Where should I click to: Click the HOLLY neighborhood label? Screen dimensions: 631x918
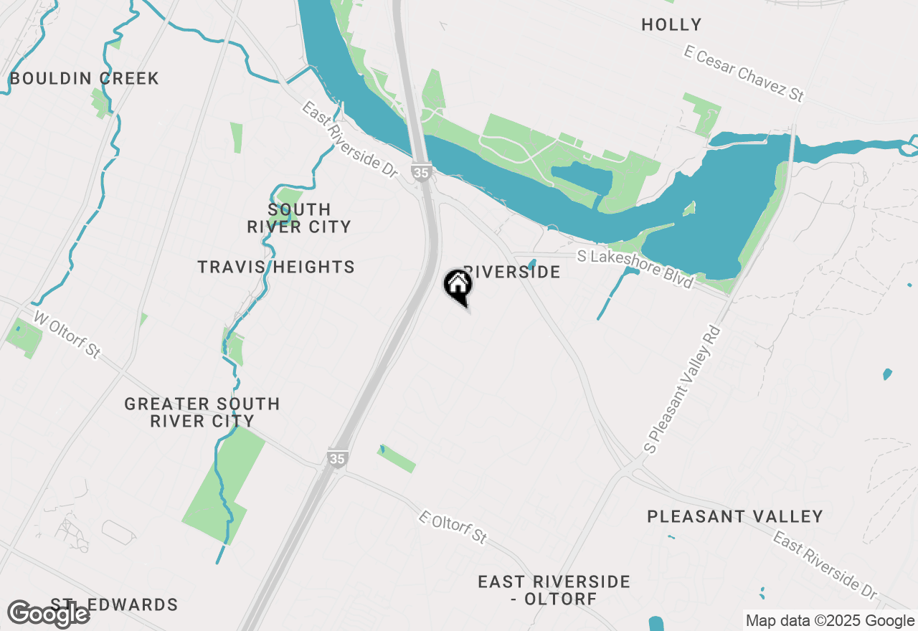point(671,25)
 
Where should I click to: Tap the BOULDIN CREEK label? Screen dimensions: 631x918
point(85,78)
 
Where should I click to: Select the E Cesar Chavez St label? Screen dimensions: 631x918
point(744,73)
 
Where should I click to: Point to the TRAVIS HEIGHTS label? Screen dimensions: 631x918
point(276,267)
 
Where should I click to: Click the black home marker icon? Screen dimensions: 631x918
point(458,285)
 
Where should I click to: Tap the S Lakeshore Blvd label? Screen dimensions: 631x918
point(636,268)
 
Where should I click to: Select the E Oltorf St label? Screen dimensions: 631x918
point(453,526)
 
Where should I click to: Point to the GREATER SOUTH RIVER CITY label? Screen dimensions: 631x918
point(202,412)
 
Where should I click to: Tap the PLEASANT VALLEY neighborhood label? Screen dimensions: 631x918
point(735,516)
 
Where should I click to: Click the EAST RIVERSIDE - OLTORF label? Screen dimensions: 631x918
point(554,590)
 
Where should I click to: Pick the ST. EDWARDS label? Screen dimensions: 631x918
point(115,604)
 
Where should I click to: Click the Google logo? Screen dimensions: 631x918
point(48,614)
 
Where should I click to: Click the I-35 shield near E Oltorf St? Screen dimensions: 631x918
point(336,457)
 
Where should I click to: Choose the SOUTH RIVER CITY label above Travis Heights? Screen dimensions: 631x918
point(299,218)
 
